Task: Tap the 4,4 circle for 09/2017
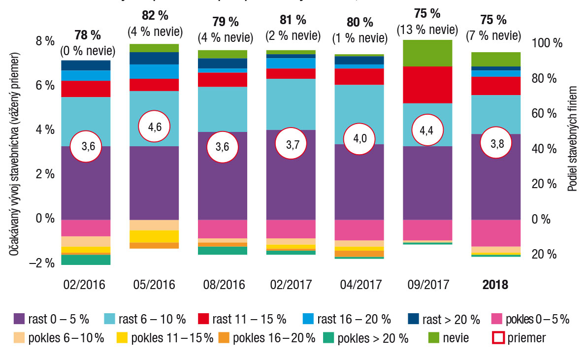pyautogui.click(x=427, y=130)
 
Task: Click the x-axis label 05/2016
pyautogui.click(x=154, y=285)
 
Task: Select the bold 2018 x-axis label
pyautogui.click(x=495, y=285)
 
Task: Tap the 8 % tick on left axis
pyautogui.click(x=44, y=41)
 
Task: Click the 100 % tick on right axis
pyautogui.click(x=547, y=43)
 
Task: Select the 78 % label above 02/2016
pyautogui.click(x=87, y=35)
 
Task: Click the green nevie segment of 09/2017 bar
pyautogui.click(x=427, y=53)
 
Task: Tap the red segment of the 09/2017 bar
pyautogui.click(x=427, y=85)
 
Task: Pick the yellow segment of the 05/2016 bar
pyautogui.click(x=154, y=236)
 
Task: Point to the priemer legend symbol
pyautogui.click(x=498, y=338)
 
